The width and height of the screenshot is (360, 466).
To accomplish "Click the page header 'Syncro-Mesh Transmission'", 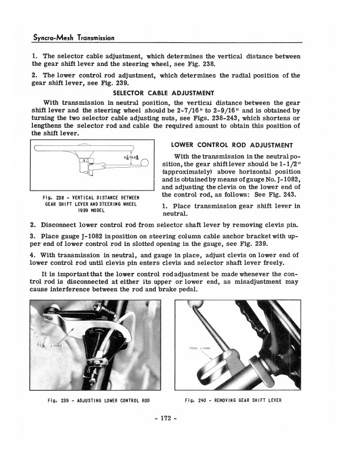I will coord(72,38).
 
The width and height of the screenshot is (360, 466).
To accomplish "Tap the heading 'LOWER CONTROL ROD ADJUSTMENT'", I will coord(232,145).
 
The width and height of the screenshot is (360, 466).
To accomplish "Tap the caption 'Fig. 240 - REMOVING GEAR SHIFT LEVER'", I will coord(233,400).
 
